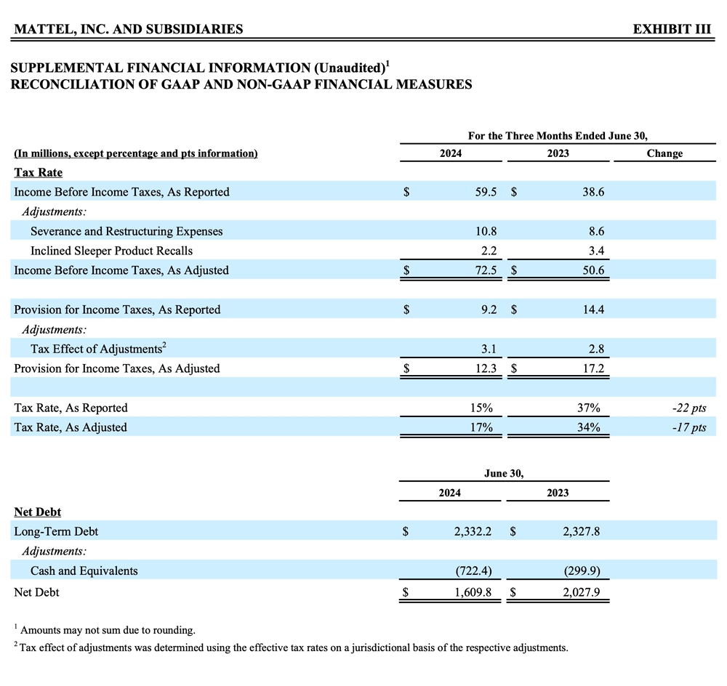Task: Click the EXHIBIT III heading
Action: [672, 29]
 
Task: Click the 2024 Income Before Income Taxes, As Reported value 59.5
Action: [484, 192]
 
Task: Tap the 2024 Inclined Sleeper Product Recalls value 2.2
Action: [489, 251]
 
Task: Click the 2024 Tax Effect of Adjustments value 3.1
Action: [489, 349]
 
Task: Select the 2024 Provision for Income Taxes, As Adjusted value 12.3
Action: [484, 368]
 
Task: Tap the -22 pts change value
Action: [688, 408]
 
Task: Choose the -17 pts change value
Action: [688, 427]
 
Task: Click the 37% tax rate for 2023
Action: [588, 408]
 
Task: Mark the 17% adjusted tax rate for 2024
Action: [481, 427]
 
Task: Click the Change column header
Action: [664, 153]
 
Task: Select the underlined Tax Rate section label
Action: [38, 172]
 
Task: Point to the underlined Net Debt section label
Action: [38, 512]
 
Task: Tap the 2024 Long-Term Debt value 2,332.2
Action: [473, 531]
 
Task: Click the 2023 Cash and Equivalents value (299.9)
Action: [582, 570]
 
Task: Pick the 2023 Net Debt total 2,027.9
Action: [581, 592]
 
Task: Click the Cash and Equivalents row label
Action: [84, 570]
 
